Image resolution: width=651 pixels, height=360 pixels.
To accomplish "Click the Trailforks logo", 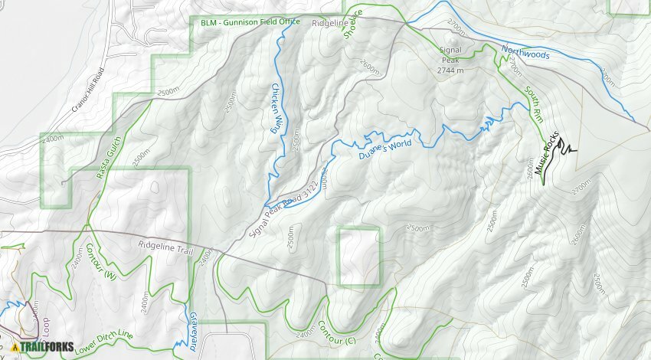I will [43, 347].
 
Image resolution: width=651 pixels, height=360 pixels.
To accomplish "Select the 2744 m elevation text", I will [451, 70].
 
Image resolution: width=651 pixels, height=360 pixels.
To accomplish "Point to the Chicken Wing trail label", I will [275, 108].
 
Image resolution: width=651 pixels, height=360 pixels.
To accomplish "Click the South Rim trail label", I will [534, 106].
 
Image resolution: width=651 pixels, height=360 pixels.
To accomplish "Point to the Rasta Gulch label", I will [109, 163].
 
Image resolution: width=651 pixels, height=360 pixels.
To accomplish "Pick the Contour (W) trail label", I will [99, 260].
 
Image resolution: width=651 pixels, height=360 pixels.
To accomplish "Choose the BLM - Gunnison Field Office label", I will [250, 23].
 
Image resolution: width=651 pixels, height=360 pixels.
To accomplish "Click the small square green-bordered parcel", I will [359, 257].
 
